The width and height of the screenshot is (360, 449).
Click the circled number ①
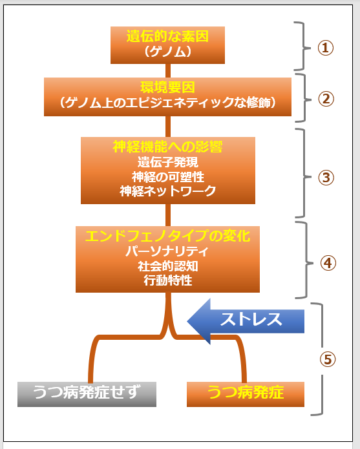pyautogui.click(x=326, y=48)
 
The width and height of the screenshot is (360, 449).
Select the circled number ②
pyautogui.click(x=326, y=99)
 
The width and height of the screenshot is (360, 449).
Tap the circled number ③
pyautogui.click(x=326, y=178)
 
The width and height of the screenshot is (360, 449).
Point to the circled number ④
pyautogui.click(x=328, y=263)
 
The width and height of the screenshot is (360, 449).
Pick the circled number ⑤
pyautogui.click(x=328, y=359)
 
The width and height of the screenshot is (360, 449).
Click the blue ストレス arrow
pyautogui.click(x=246, y=321)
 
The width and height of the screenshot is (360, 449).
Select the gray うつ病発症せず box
pyautogui.click(x=87, y=394)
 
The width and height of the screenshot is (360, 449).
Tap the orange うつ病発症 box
pyautogui.click(x=246, y=394)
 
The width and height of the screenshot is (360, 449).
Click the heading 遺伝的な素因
pyautogui.click(x=167, y=36)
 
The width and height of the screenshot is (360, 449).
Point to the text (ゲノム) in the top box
pyautogui.click(x=167, y=52)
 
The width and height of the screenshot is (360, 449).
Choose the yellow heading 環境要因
pyautogui.click(x=167, y=87)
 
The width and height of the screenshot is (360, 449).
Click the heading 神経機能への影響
pyautogui.click(x=167, y=147)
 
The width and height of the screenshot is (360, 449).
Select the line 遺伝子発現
pyautogui.click(x=168, y=162)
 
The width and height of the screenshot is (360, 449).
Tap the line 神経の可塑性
pyautogui.click(x=168, y=177)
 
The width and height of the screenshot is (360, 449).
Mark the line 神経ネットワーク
pyautogui.click(x=168, y=191)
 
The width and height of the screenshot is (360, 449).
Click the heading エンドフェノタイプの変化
pyautogui.click(x=167, y=236)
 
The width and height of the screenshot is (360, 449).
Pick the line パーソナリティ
pyautogui.click(x=167, y=251)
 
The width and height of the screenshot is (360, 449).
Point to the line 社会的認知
pyautogui.click(x=168, y=266)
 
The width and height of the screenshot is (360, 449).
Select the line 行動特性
pyautogui.click(x=168, y=280)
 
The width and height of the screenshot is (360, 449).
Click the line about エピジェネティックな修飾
pyautogui.click(x=167, y=103)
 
